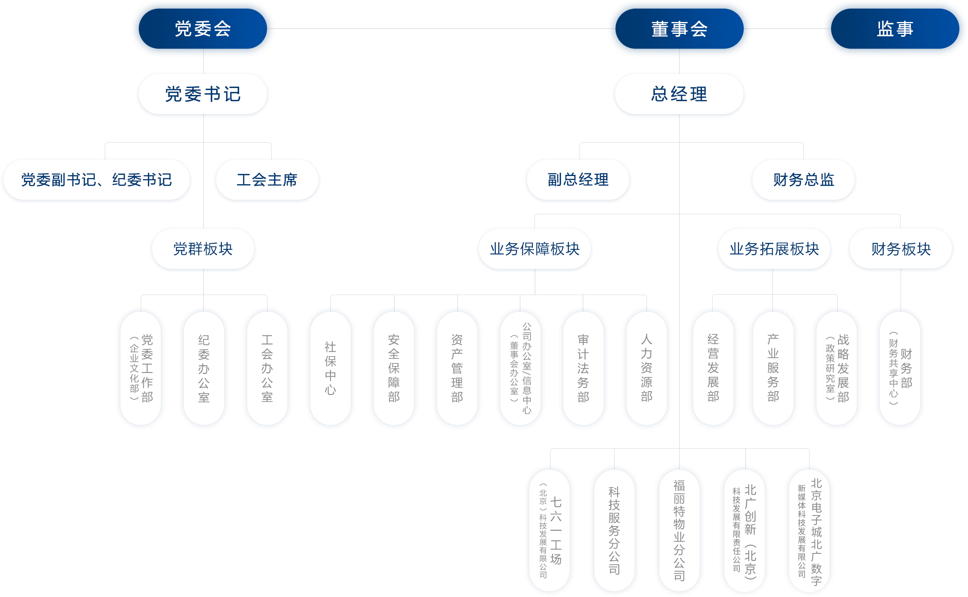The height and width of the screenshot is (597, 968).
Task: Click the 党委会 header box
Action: click(x=203, y=29)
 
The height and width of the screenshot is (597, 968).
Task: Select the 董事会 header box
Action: click(x=679, y=29)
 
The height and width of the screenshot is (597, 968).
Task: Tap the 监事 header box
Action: click(x=895, y=29)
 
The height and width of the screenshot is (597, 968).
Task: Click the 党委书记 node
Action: click(x=203, y=94)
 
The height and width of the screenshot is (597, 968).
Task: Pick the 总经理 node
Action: click(x=679, y=94)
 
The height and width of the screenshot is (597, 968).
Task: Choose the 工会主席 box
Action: click(x=267, y=180)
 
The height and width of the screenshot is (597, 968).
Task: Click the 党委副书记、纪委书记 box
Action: click(x=97, y=180)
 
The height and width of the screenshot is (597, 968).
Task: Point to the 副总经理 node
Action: click(x=578, y=180)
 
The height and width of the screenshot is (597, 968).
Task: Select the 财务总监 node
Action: click(x=803, y=180)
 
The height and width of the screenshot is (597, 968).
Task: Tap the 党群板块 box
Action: click(x=203, y=249)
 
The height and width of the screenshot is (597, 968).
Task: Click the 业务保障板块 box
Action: click(x=535, y=249)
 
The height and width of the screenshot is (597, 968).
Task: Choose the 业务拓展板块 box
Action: click(x=774, y=249)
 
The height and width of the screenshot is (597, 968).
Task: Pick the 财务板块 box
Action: click(x=901, y=249)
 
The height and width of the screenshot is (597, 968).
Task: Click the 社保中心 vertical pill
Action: click(x=330, y=368)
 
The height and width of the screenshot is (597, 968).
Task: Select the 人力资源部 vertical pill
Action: click(x=647, y=368)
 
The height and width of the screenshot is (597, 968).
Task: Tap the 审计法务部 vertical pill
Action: click(x=583, y=368)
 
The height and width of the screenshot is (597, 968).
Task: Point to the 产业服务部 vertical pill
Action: click(x=773, y=368)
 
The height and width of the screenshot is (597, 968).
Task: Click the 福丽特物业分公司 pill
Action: click(x=679, y=530)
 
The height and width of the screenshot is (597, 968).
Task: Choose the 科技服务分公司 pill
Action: click(x=614, y=530)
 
